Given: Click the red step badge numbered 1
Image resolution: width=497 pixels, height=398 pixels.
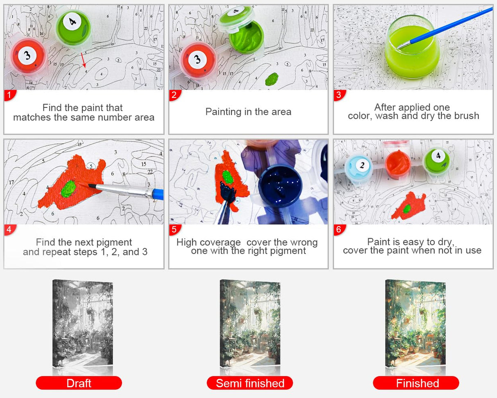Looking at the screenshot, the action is coord(9,95).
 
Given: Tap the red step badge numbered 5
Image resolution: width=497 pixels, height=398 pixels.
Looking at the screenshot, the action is coord(174,230).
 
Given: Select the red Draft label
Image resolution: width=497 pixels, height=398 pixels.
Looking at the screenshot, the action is coord(79,383).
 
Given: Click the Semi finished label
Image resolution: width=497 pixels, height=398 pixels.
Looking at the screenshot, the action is coord(250,383).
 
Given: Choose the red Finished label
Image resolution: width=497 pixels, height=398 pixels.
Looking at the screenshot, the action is coord(416,383).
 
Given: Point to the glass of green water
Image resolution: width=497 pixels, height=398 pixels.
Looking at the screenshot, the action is coord(412,47).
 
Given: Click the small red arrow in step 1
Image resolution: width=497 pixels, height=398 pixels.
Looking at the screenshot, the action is coord(84,60).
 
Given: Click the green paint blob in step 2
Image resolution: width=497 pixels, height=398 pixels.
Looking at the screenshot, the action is coord(271,79).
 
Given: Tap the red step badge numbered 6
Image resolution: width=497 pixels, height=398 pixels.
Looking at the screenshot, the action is coord(339,230).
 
